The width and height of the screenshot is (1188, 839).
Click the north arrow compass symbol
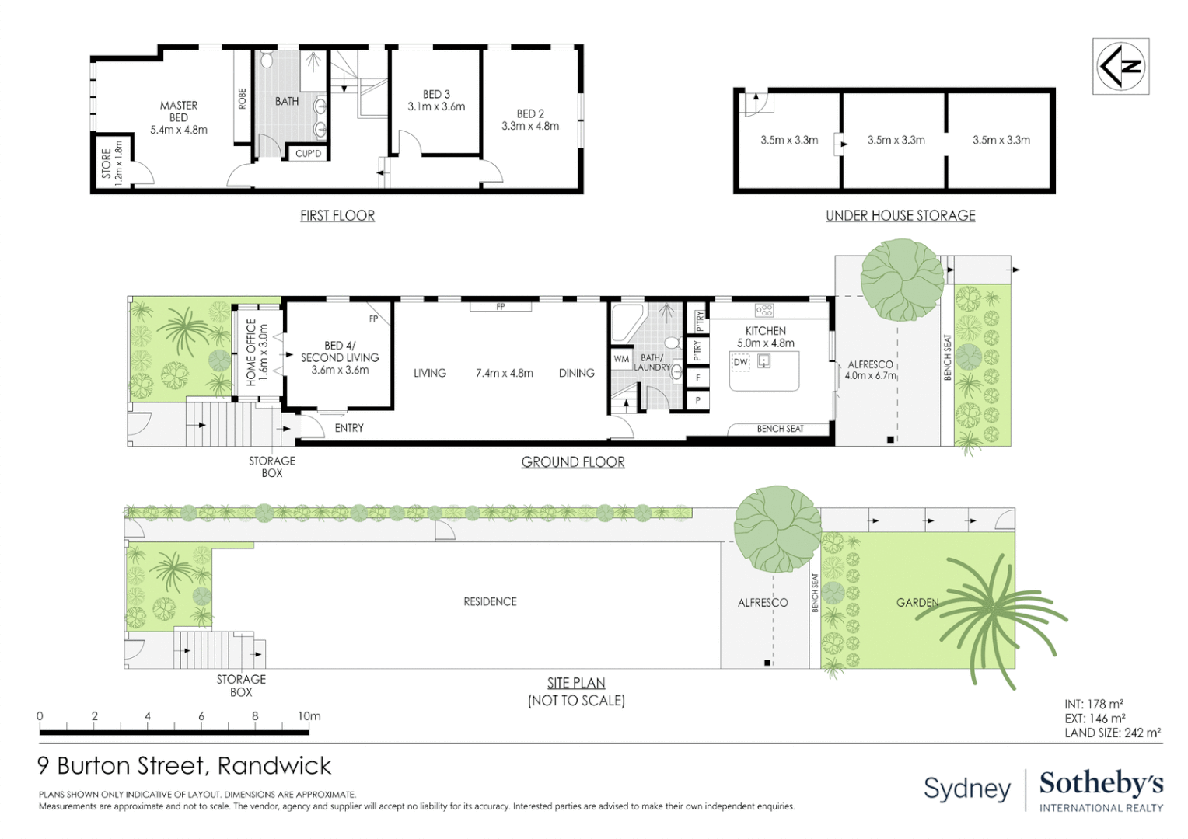pos(1120,66)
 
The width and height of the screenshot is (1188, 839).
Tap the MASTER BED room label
pos(179,111)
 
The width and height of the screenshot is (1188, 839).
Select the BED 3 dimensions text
pos(436,106)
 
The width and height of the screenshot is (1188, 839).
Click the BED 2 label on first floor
pos(530,113)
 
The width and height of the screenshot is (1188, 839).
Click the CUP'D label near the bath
pos(308,154)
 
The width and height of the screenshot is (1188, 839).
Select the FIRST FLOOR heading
pos(337,216)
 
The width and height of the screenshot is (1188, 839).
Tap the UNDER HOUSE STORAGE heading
pos(900,216)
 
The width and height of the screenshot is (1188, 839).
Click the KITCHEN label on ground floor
pos(765,331)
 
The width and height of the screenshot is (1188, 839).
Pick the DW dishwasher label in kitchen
pos(740,362)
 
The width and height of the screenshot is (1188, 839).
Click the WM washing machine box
pos(621,359)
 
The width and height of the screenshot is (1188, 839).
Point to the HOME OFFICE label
pos(251,352)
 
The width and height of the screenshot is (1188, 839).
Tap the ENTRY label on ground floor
pos(349,428)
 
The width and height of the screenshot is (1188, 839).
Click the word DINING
pos(576,373)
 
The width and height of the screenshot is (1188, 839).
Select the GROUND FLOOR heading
pos(573,462)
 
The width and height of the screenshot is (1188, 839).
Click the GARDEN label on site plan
pos(917,602)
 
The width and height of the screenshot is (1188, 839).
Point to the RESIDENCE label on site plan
pos(490,601)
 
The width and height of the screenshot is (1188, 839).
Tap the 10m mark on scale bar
pos(309,716)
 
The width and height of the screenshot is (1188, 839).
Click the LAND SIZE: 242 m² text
pos(1112,733)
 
